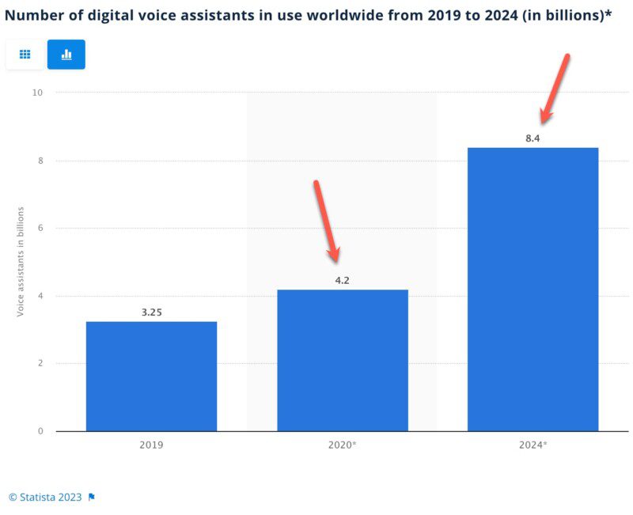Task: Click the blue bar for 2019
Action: click(x=151, y=376)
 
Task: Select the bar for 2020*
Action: click(x=343, y=360)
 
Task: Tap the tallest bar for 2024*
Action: click(x=533, y=289)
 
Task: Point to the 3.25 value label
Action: click(x=151, y=312)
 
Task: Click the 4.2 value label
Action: click(x=343, y=280)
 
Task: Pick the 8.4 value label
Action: click(x=533, y=138)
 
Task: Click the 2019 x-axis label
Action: click(x=151, y=445)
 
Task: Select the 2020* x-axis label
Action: click(x=343, y=445)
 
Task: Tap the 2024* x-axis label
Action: click(x=533, y=445)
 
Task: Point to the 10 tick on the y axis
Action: click(x=38, y=93)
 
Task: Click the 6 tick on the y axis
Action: click(x=40, y=229)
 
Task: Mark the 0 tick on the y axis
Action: click(x=40, y=431)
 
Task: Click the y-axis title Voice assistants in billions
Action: click(x=21, y=262)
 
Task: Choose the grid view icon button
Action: click(x=25, y=55)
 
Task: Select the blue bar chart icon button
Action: click(x=66, y=55)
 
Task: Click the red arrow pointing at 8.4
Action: click(x=554, y=89)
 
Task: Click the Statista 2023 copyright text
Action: click(x=46, y=497)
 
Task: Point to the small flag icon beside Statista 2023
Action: click(x=92, y=497)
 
